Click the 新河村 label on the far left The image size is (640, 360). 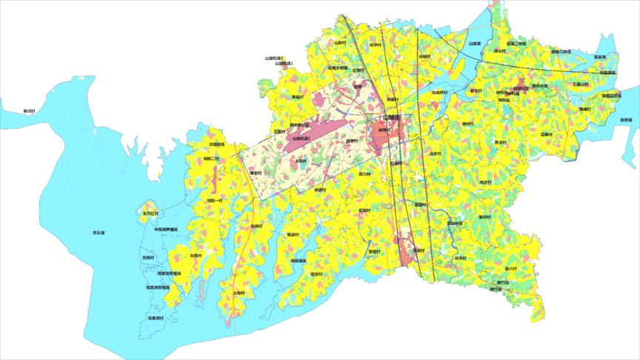pos(29,111)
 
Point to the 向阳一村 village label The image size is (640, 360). pos(215,201)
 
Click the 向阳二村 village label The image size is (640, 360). pos(212,158)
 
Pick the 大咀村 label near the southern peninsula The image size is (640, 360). pos(239,293)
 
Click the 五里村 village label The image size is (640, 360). pos(279,131)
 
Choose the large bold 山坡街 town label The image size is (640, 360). pos(391,118)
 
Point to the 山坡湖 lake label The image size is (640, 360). pos(475,44)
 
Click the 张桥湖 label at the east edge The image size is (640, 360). pos(625,119)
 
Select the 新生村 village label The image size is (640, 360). pos(476,90)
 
